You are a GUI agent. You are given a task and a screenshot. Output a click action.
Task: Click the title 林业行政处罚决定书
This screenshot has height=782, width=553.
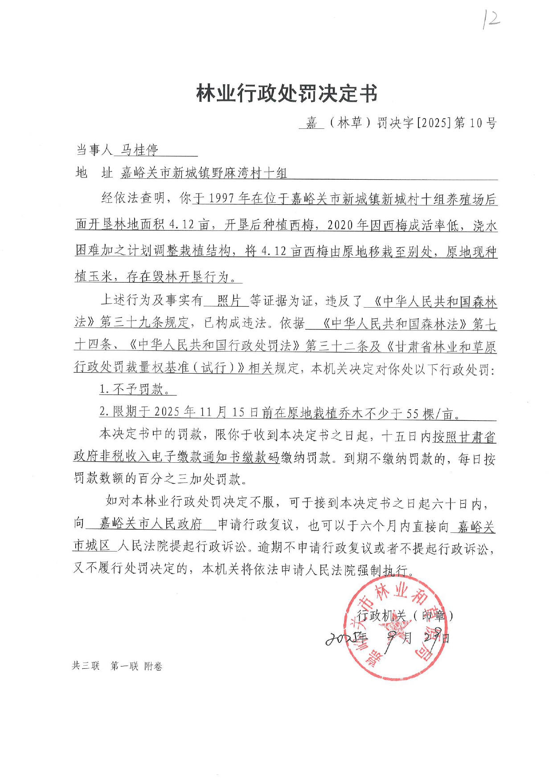click(287, 94)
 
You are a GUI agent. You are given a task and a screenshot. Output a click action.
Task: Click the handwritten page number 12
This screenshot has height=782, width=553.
click(491, 21)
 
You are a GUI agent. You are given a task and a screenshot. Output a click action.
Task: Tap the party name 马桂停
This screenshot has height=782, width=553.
click(140, 150)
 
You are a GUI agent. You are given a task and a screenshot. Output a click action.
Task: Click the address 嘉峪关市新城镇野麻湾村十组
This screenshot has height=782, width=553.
click(204, 173)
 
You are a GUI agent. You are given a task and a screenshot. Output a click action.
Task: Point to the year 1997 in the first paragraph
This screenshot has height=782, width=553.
click(221, 199)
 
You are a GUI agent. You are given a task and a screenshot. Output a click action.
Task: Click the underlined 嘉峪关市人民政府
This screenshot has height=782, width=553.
click(151, 523)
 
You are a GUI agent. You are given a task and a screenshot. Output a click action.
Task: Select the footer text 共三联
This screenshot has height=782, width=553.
click(86, 666)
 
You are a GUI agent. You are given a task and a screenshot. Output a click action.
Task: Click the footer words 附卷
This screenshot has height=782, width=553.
click(153, 666)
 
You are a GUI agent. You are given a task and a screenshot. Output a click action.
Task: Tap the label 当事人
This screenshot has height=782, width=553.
click(94, 150)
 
